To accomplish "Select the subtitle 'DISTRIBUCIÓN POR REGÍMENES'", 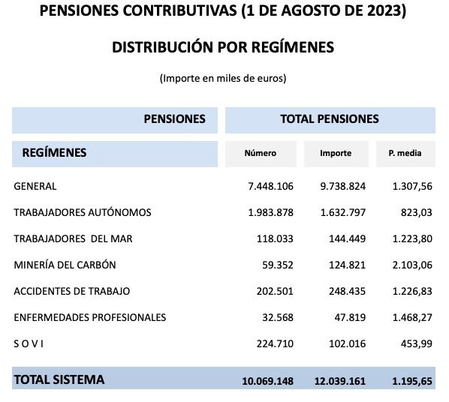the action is [x=223, y=47].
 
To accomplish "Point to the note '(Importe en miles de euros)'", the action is [x=223, y=78].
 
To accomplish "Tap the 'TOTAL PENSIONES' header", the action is [x=330, y=119].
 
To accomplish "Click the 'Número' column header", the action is [x=261, y=154].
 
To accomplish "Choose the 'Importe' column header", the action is [x=336, y=154].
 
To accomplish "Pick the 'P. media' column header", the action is [x=405, y=154].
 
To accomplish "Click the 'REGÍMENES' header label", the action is [x=55, y=153].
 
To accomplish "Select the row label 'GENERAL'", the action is [x=35, y=186].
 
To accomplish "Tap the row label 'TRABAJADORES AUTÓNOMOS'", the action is [x=83, y=212].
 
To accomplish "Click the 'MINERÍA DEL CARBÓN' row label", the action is [x=65, y=265].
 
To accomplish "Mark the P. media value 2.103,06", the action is [x=411, y=265].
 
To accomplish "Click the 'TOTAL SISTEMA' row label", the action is [x=59, y=380].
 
